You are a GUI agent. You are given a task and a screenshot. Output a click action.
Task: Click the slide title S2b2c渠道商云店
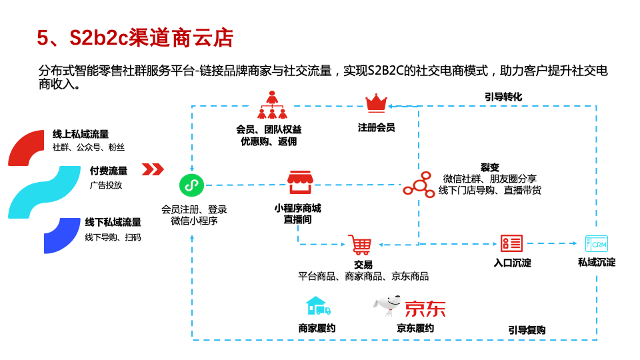(x=135, y=38)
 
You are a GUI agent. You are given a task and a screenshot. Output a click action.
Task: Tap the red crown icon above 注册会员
(x=376, y=103)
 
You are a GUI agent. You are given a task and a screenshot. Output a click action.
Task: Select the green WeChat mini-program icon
(x=191, y=185)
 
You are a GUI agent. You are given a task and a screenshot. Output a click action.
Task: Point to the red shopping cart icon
(x=360, y=245)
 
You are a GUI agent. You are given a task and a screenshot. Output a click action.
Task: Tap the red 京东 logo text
(x=425, y=308)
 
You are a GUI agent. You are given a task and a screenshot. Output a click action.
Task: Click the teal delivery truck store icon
(x=317, y=306)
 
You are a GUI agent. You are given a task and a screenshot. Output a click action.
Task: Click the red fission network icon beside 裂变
(x=418, y=183)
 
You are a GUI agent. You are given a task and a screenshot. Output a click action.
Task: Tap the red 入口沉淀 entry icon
(x=511, y=243)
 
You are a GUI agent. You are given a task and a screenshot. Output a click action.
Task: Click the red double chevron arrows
(x=153, y=169)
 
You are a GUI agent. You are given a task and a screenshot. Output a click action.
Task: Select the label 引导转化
(x=503, y=97)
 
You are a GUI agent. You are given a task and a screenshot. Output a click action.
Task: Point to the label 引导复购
(x=527, y=330)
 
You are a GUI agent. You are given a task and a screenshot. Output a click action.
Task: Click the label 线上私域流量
(x=81, y=135)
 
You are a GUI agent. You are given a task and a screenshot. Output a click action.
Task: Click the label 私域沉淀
(x=596, y=262)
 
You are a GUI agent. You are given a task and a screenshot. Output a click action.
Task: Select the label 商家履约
(x=317, y=328)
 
